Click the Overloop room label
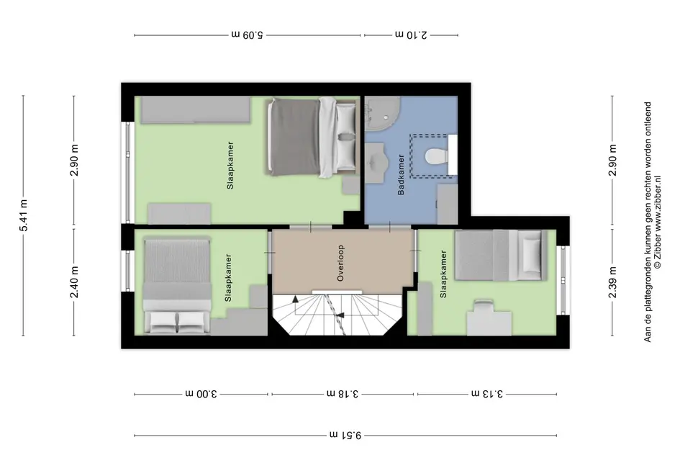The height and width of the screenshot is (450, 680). pos(340,263)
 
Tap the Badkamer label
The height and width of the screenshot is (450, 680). pos(401,174)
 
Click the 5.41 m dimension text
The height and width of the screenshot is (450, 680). pos(24,216)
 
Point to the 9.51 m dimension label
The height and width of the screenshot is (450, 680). pos(345,435)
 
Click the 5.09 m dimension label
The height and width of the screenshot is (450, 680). pos(248,35)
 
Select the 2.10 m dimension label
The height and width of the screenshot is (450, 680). pos(411,35)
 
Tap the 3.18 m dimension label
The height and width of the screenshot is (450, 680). pos(343,394)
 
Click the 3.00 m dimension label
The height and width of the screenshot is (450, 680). pos(201,394)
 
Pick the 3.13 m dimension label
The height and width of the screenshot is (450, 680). pos(487,394)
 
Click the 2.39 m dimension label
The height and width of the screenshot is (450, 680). pos(612,282)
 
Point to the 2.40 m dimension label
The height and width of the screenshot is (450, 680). pos(75,282)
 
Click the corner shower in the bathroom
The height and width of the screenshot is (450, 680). pos(381,113)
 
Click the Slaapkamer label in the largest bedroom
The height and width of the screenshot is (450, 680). pos(230,165)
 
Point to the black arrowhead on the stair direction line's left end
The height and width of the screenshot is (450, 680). pos(295,299)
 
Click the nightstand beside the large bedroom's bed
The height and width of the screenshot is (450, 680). pos(350,185)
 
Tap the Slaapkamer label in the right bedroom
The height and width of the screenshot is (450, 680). pos(443,274)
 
